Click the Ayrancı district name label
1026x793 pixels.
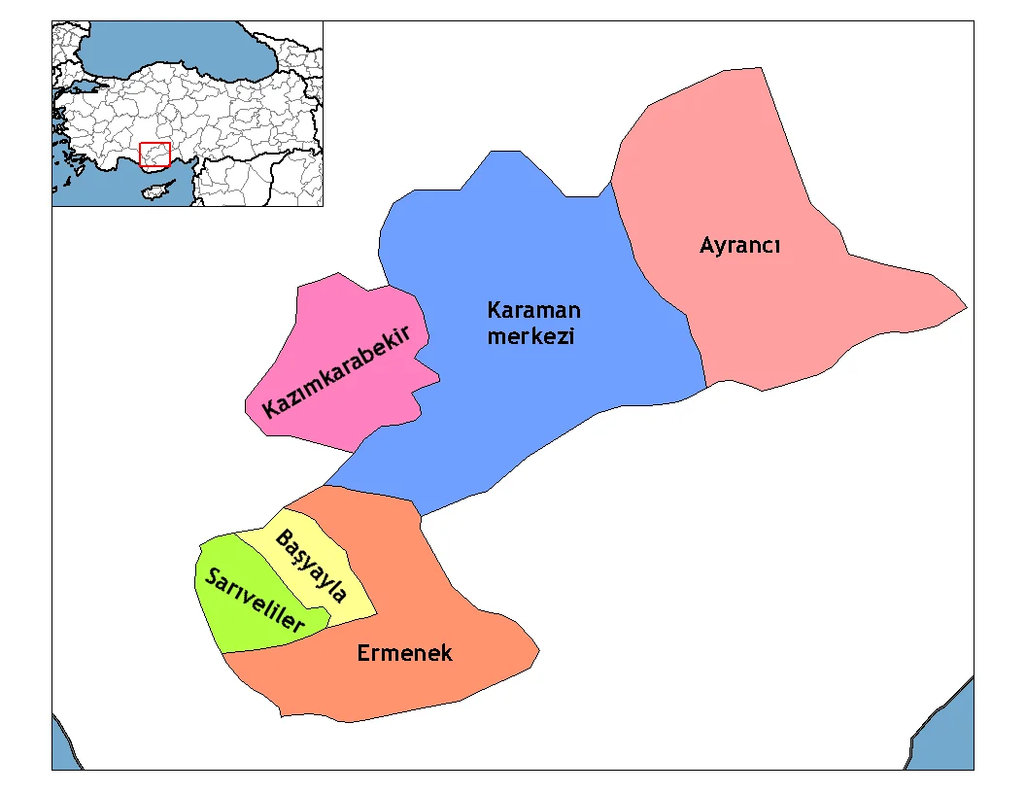click(x=740, y=246)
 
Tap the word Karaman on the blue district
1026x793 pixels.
click(x=533, y=311)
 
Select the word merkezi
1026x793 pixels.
click(x=531, y=337)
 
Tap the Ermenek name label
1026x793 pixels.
click(x=404, y=653)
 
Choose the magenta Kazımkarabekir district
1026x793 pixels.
click(x=321, y=321)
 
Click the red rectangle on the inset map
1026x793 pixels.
click(x=155, y=155)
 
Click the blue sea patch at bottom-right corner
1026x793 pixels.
click(x=952, y=739)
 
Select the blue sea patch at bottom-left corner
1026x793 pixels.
click(x=62, y=748)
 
